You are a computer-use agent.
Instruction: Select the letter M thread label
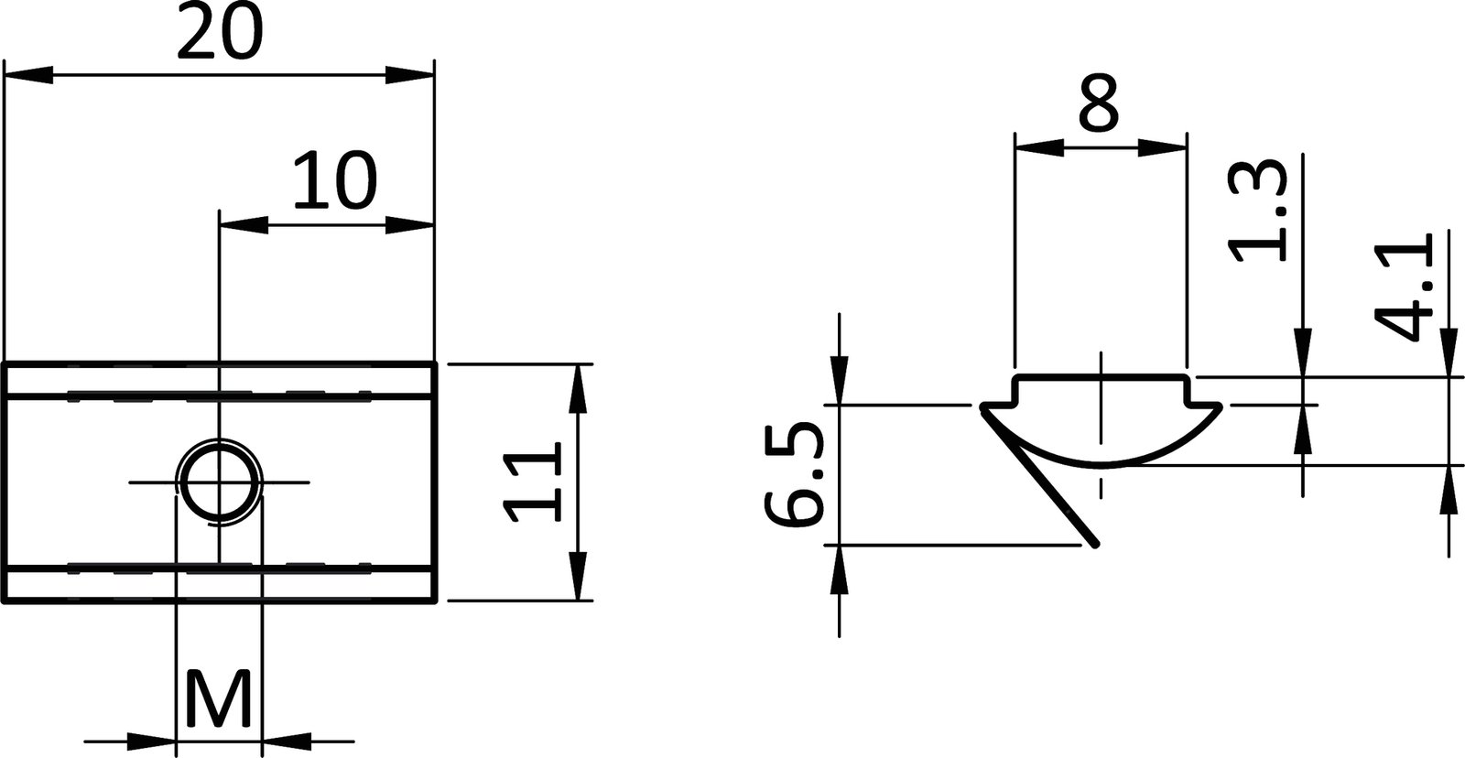point(218,699)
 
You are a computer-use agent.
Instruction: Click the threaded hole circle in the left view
point(218,482)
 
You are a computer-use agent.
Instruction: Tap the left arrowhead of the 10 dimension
point(242,224)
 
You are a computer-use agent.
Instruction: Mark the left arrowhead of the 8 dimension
point(1038,146)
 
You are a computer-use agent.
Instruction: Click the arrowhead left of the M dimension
point(151,740)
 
